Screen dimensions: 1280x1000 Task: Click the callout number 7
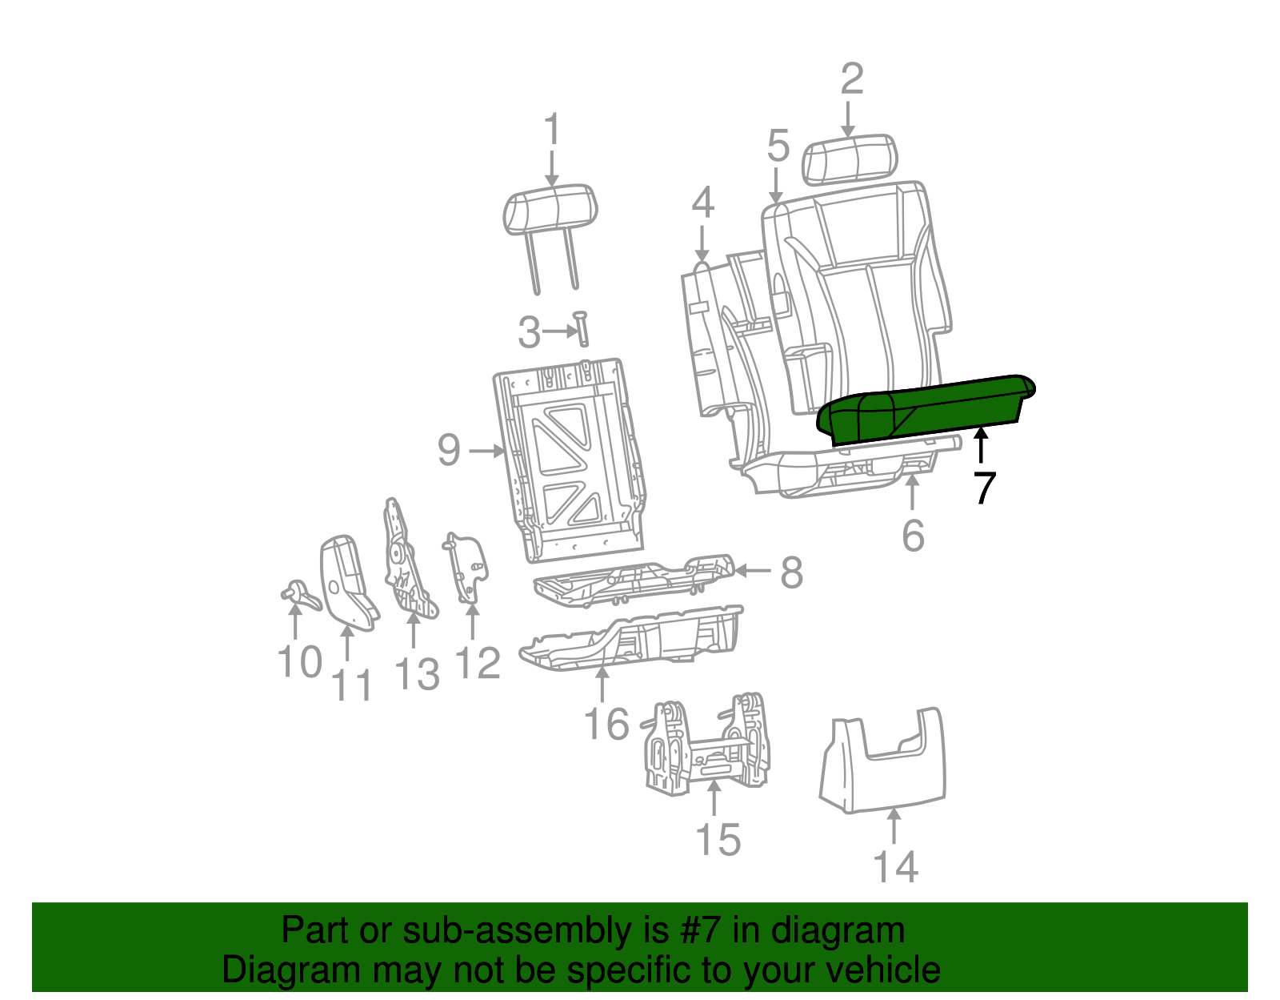[x=984, y=488]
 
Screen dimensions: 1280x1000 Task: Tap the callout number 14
[x=896, y=867]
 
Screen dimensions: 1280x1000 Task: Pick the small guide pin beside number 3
[x=582, y=329]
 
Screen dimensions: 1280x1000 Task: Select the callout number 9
[x=449, y=450]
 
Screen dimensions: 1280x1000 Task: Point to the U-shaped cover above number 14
[x=883, y=760]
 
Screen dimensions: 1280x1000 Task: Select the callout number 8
[x=792, y=572]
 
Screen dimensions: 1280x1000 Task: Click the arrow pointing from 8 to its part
[x=754, y=570]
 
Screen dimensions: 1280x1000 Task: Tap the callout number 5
[x=778, y=146]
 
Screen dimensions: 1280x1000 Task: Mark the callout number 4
[x=702, y=202]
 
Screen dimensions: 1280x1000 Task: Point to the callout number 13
[x=417, y=674]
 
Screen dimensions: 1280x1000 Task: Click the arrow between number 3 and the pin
[x=561, y=331]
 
